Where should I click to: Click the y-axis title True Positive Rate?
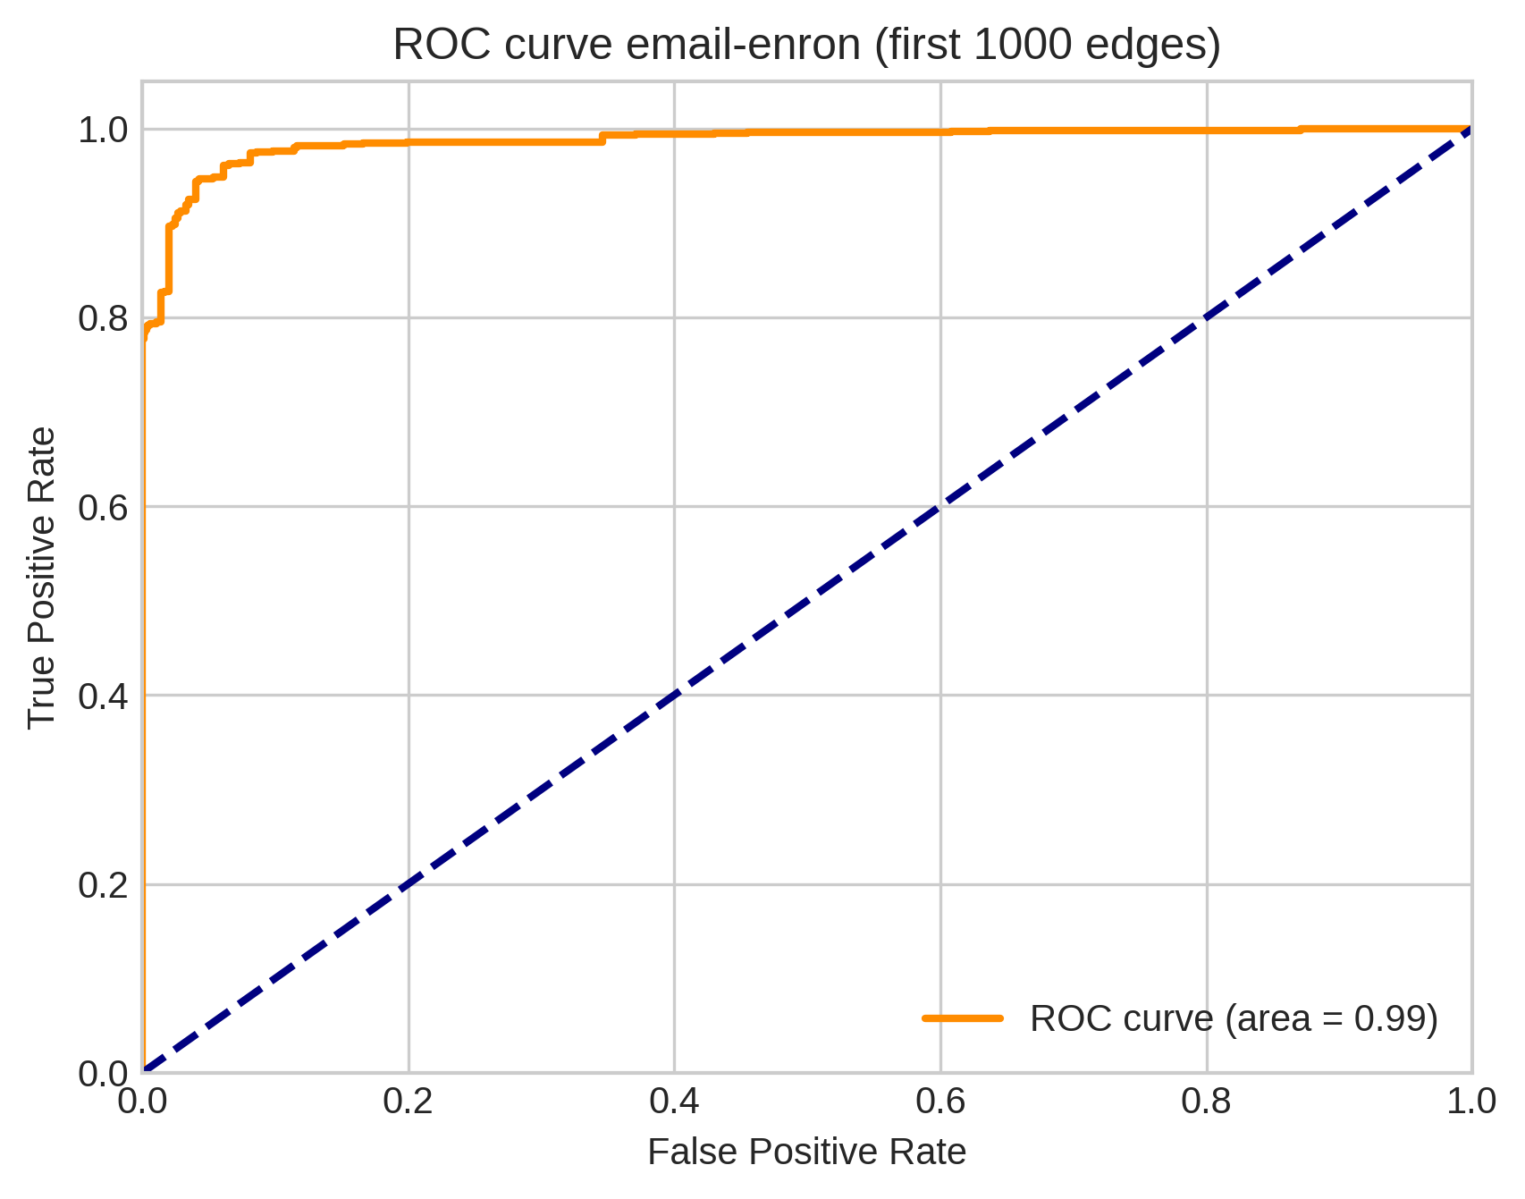pos(42,578)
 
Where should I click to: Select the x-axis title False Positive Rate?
pos(806,1153)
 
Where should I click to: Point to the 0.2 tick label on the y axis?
pos(102,885)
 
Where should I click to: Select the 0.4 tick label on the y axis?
pos(102,696)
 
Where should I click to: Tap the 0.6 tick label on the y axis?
pos(102,507)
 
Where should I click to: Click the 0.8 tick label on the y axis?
pos(102,318)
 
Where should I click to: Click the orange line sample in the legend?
pos(963,1018)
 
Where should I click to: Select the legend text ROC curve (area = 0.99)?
pos(1234,1018)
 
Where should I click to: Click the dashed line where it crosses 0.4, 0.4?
pos(674,696)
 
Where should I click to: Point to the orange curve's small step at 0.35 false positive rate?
pos(602,138)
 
